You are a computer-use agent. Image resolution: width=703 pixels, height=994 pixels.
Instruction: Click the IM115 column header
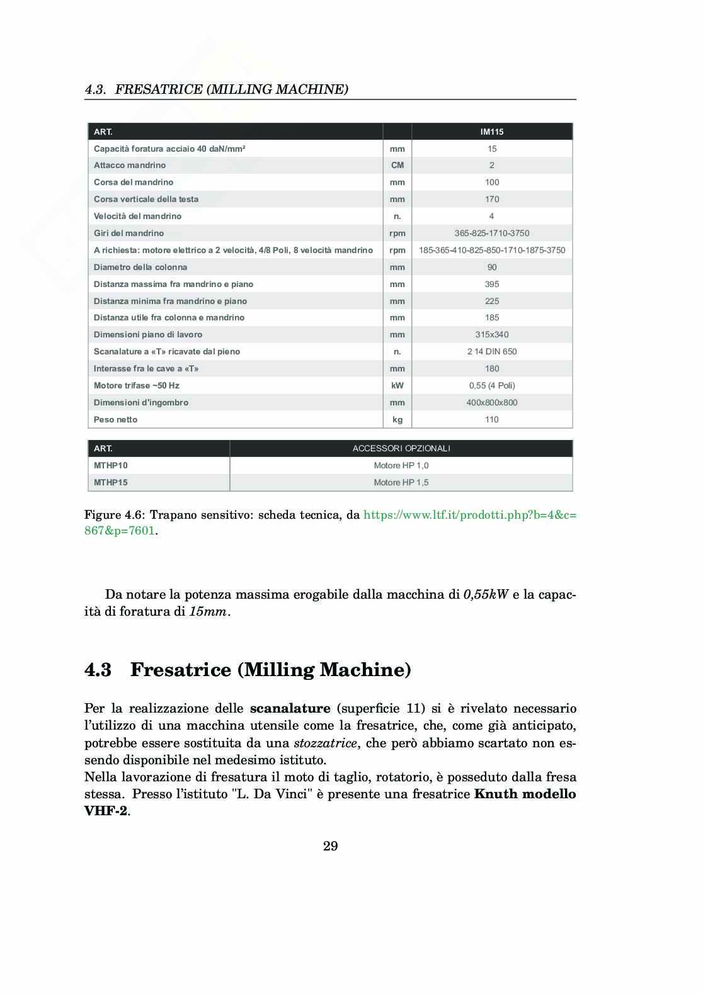[492, 132]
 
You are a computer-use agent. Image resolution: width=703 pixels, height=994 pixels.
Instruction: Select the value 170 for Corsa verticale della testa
[492, 199]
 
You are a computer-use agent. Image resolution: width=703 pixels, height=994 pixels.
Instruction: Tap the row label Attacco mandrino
[130, 165]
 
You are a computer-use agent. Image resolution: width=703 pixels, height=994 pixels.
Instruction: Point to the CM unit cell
[397, 165]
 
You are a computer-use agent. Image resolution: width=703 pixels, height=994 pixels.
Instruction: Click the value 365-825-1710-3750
[492, 233]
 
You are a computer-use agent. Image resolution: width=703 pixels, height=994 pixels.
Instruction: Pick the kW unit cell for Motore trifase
[397, 385]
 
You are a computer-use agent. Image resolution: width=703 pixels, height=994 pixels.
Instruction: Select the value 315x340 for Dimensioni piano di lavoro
[492, 334]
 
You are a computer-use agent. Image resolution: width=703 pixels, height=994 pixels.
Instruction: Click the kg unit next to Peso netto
[397, 419]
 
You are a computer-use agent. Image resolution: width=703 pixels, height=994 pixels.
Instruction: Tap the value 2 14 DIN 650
[492, 351]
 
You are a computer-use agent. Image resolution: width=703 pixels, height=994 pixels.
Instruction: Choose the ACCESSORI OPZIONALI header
[401, 448]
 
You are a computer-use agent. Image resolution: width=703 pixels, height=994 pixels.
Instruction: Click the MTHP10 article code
[111, 465]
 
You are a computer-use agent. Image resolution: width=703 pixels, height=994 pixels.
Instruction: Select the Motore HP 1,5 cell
[401, 482]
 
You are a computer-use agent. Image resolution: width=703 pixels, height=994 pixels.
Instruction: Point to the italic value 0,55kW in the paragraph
[486, 594]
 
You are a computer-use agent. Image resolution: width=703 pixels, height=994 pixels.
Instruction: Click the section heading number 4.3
[98, 670]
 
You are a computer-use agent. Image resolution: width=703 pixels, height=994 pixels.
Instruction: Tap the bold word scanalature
[290, 709]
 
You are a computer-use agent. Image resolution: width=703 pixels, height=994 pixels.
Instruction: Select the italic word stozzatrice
[326, 743]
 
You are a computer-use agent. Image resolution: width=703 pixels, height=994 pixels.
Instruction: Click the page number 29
[331, 846]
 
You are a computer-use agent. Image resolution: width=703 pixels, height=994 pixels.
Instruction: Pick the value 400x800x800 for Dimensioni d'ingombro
[492, 402]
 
